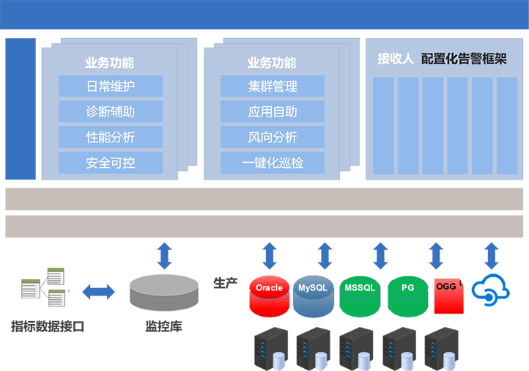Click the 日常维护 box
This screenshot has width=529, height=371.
[x=111, y=87]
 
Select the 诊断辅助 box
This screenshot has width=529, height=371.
[x=111, y=112]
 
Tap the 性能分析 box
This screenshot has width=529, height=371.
[x=111, y=137]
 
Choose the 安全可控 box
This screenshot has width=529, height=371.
[x=111, y=163]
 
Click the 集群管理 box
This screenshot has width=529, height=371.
[x=273, y=87]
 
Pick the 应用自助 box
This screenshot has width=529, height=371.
[x=273, y=112]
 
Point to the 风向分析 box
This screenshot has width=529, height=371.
[x=273, y=137]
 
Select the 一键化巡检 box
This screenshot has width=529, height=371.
[x=273, y=163]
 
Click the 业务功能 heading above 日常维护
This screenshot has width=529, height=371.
[x=109, y=63]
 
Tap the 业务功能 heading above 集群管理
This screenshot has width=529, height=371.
[x=272, y=63]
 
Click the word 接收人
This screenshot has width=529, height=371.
[x=396, y=59]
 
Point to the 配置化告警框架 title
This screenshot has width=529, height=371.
[x=465, y=59]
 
